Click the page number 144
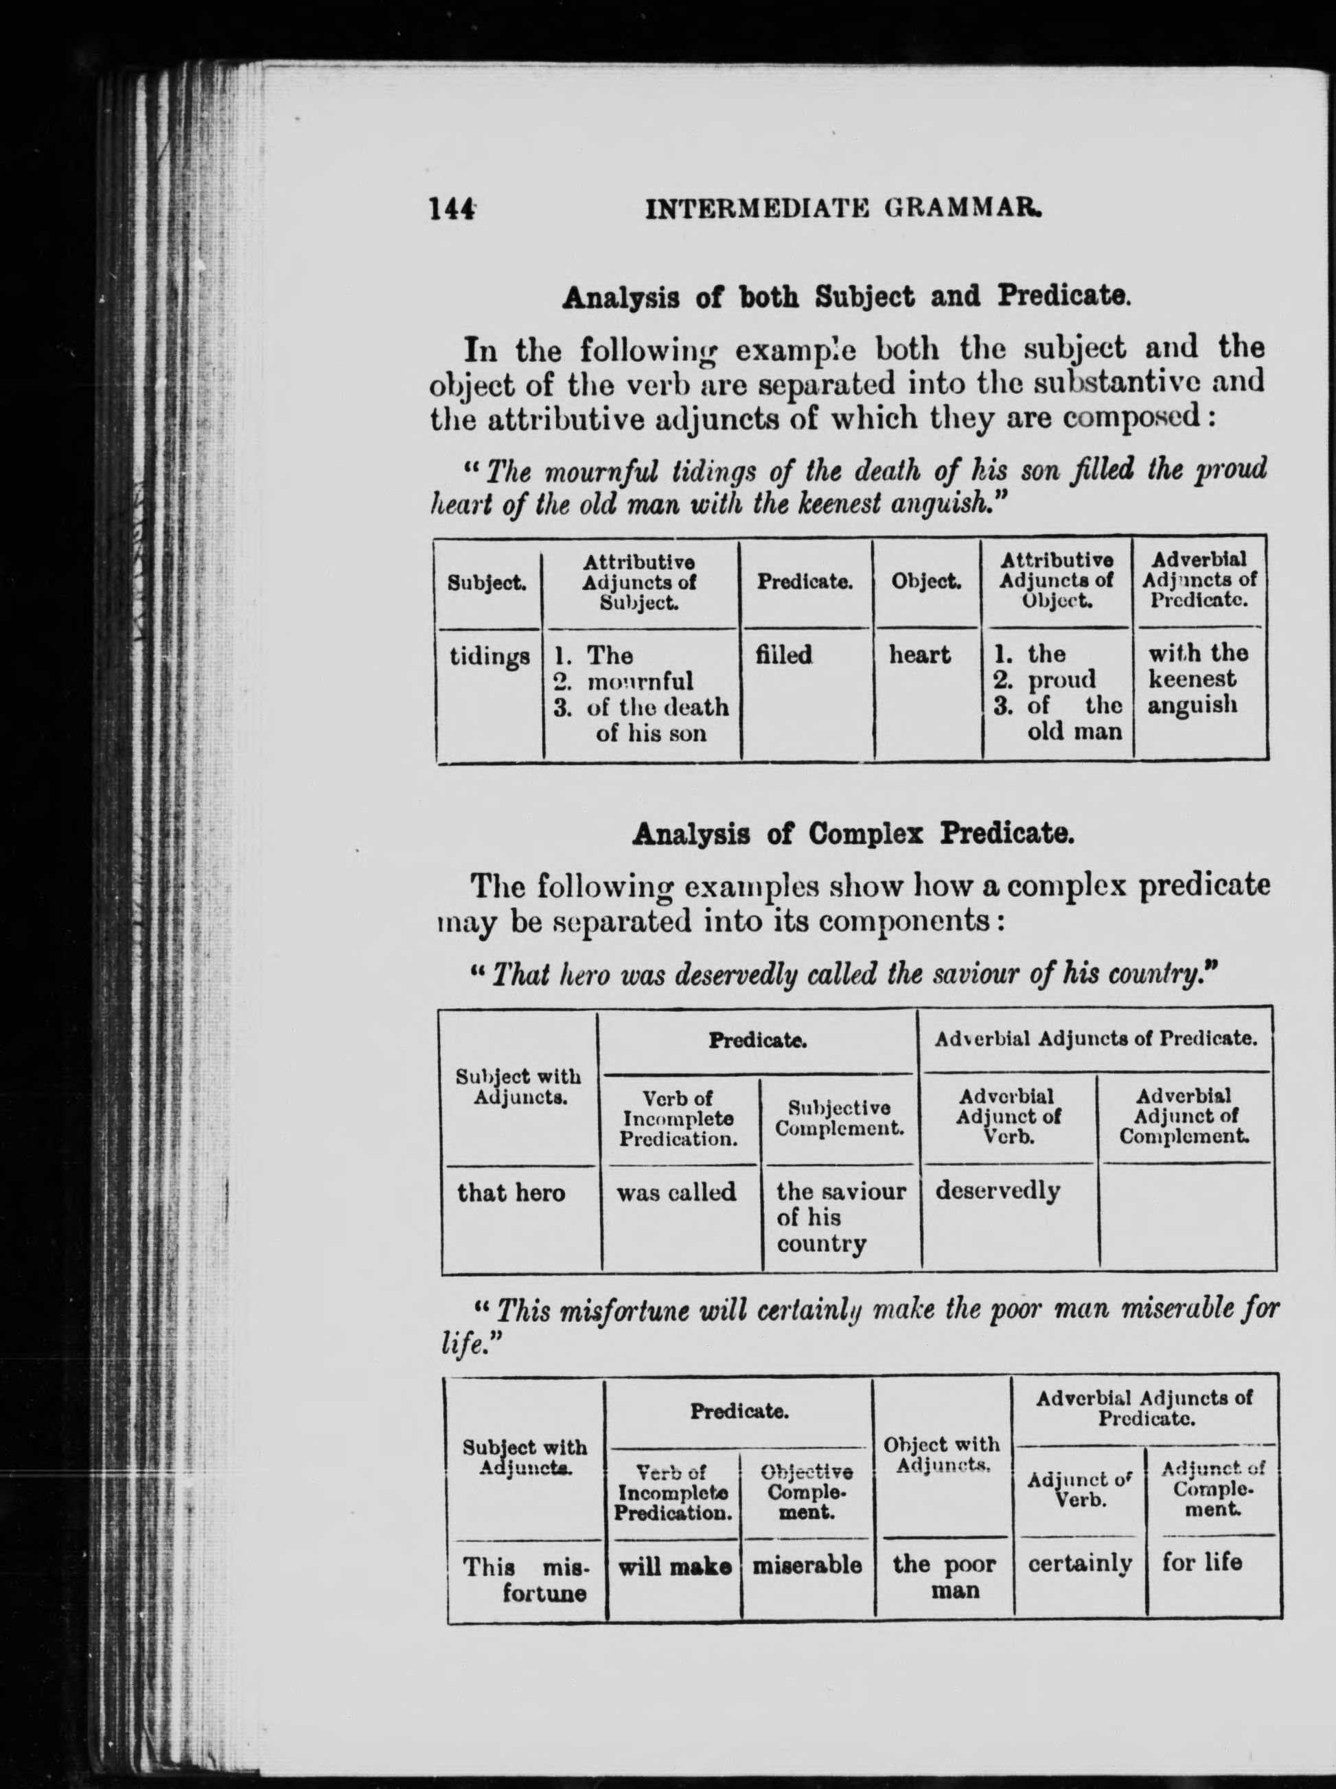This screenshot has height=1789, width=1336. pyautogui.click(x=450, y=209)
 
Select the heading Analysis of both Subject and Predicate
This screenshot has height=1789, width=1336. pyautogui.click(x=844, y=297)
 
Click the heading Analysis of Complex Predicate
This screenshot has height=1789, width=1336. pyautogui.click(x=853, y=834)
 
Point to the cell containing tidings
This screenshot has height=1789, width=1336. pyautogui.click(x=490, y=656)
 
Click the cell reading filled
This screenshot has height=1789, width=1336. pyautogui.click(x=783, y=654)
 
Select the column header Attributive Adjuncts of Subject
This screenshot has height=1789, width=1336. pyautogui.click(x=639, y=582)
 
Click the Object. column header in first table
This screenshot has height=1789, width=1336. pyautogui.click(x=926, y=582)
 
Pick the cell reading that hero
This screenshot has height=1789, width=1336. pyautogui.click(x=511, y=1192)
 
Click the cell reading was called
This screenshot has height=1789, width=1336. pyautogui.click(x=676, y=1192)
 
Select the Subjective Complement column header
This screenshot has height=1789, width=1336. pyautogui.click(x=839, y=1118)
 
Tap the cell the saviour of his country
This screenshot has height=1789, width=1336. pyautogui.click(x=840, y=1217)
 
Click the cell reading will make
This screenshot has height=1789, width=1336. pyautogui.click(x=674, y=1566)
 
